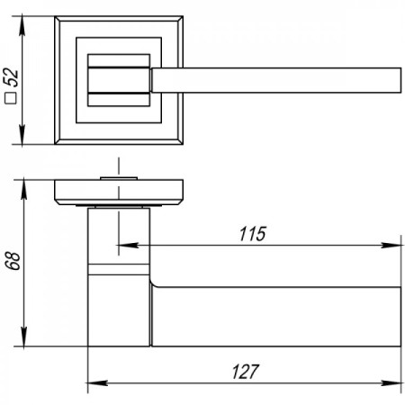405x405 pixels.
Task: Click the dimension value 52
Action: click(12, 77)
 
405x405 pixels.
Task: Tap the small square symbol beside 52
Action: click(11, 98)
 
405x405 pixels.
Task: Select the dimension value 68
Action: click(13, 261)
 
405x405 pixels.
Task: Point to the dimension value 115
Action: click(253, 234)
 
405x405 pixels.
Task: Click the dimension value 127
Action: click(245, 372)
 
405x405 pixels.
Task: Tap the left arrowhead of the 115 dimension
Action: click(127, 245)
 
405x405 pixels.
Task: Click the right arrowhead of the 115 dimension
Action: click(391, 245)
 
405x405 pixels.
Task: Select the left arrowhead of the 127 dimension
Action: click(97, 383)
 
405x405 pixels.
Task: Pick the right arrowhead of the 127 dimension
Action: click(391, 383)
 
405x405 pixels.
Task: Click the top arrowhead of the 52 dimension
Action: click(22, 26)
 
